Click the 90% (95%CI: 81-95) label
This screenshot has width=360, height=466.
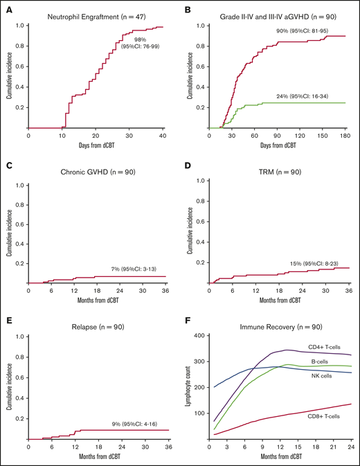[297, 30]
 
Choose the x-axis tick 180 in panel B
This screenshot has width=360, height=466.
[345, 135]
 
